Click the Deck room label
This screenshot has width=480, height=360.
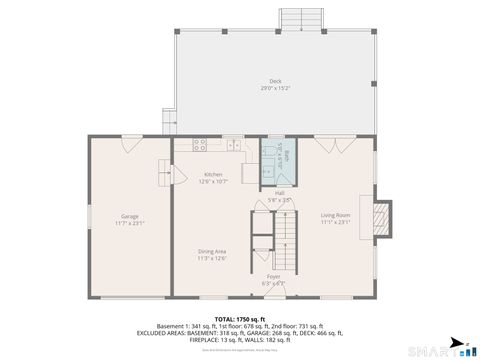point(275,81)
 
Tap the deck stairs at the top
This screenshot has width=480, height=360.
point(301,20)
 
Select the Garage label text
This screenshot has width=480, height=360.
point(130,216)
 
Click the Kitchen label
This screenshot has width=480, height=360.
point(213,174)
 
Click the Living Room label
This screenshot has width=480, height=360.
point(335,215)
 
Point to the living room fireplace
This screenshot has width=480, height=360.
point(381,220)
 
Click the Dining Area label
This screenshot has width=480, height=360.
point(213,252)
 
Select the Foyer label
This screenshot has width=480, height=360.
point(274,276)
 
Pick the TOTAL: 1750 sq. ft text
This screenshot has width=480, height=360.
point(240,318)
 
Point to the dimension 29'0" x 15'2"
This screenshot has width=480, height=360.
point(275,89)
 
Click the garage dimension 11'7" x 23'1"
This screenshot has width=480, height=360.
point(130,223)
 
